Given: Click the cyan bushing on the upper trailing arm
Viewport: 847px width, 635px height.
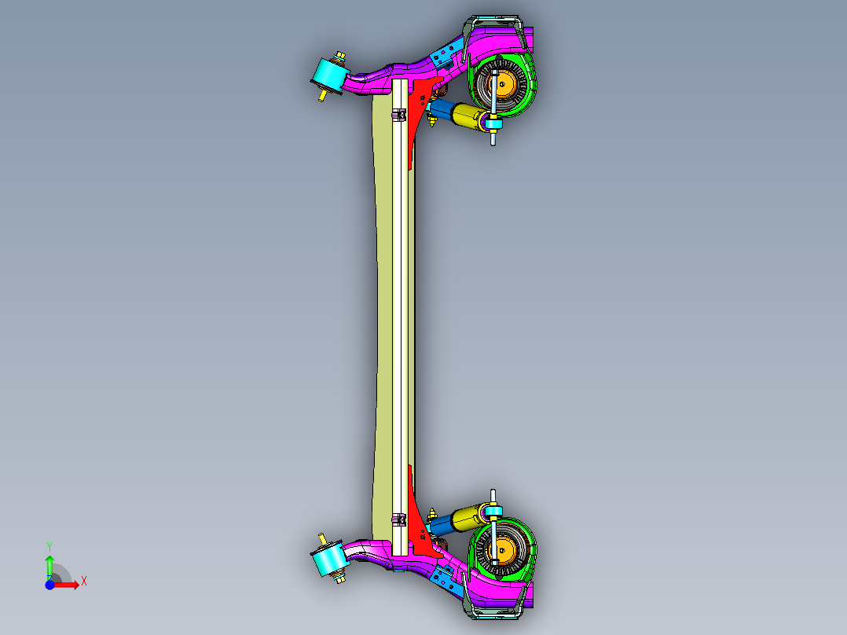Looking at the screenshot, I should coord(330,73).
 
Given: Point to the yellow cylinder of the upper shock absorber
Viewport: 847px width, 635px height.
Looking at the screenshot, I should coord(469,118).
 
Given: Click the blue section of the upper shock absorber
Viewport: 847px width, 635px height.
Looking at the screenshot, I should coord(444,109).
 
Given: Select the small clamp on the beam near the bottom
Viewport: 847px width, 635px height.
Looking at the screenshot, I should coord(399,519).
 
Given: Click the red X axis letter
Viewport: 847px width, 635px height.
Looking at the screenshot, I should coord(83,582).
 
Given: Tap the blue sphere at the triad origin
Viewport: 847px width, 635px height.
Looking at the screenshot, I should coord(49,585).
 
